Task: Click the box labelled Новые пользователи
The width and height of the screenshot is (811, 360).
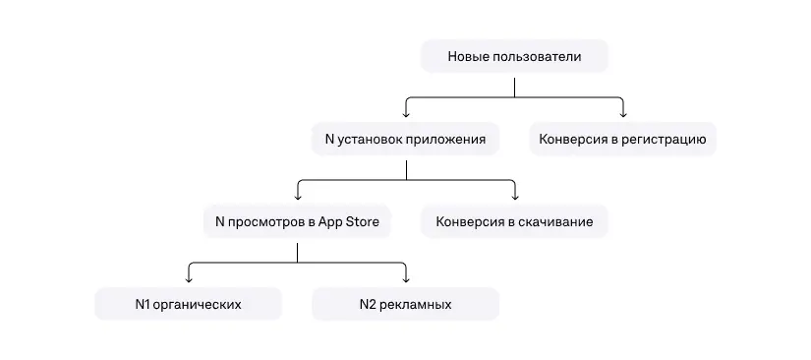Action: coord(514,57)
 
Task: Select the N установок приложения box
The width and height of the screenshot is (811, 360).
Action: coord(405,140)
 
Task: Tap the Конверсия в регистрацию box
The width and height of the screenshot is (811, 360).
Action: coord(622,140)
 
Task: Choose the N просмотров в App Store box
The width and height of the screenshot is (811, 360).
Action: coord(297,222)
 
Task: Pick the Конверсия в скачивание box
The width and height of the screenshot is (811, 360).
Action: coord(514,222)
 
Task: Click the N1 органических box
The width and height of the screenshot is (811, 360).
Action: coord(188,305)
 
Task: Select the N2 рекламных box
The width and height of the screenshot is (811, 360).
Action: coord(405,305)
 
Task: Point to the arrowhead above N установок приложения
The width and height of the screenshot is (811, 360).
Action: coord(406,114)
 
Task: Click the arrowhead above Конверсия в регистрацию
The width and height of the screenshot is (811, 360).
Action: coord(623,114)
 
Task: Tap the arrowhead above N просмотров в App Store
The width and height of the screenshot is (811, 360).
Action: coord(297,197)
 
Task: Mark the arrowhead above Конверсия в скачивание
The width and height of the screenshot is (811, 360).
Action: coord(514,197)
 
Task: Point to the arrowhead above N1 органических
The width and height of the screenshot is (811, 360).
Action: coord(189,279)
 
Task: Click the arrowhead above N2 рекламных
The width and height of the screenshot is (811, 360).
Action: coord(405,279)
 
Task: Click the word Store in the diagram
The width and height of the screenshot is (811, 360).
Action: coord(361,222)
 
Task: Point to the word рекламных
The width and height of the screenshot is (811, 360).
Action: coord(417,305)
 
